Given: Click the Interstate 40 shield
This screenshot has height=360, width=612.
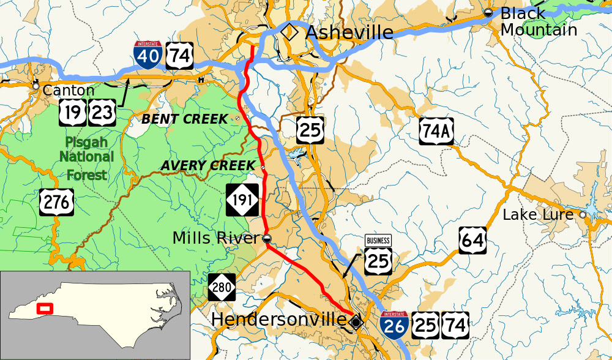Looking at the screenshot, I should (x=146, y=55).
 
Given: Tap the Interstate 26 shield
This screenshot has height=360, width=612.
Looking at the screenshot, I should (x=394, y=325).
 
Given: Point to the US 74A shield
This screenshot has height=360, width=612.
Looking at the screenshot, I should (x=436, y=131).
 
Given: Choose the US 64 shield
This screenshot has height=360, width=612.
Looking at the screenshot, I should (x=472, y=241).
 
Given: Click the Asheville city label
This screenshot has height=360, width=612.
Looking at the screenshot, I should (x=349, y=32).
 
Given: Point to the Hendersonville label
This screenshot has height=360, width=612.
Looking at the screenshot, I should (x=278, y=320).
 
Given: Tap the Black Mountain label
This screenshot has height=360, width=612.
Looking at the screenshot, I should (x=537, y=21).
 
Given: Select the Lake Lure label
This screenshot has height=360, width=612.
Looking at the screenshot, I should (x=538, y=215).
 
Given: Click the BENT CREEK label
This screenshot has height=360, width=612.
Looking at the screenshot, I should (x=185, y=119).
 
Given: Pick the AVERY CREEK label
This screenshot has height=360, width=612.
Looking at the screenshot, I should (x=207, y=166).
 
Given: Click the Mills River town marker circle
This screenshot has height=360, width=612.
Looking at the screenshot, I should (x=267, y=238).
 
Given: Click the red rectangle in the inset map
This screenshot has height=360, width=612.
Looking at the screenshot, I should (x=45, y=308).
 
